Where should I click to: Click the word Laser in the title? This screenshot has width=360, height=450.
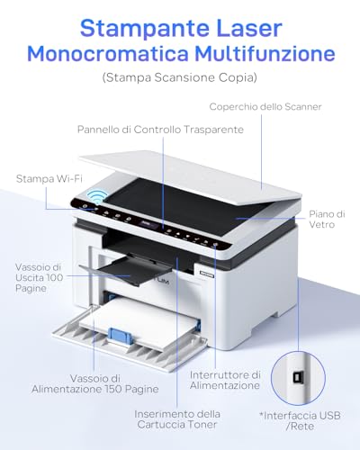(x=248, y=28)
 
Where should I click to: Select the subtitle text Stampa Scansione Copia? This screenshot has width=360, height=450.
(x=180, y=77)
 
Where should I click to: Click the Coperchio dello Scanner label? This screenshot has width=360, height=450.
(x=265, y=106)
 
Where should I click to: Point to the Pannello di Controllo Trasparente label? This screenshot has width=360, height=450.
(x=160, y=130)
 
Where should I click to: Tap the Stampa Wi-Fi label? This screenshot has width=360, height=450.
(x=49, y=178)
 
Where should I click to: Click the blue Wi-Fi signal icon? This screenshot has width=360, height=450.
(x=97, y=196)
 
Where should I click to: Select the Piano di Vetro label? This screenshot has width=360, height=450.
(x=327, y=220)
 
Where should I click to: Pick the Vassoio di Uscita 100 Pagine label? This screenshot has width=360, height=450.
(x=39, y=277)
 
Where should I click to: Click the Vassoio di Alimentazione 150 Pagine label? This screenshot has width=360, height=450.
(x=95, y=383)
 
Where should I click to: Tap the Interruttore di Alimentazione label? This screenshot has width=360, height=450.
(x=225, y=380)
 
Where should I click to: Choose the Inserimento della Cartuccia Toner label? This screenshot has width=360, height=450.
(x=177, y=419)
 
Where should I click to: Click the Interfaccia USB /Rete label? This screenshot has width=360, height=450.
(x=300, y=420)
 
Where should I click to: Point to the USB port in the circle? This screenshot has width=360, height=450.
(x=298, y=378)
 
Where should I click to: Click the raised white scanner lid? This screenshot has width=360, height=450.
(x=192, y=175)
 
